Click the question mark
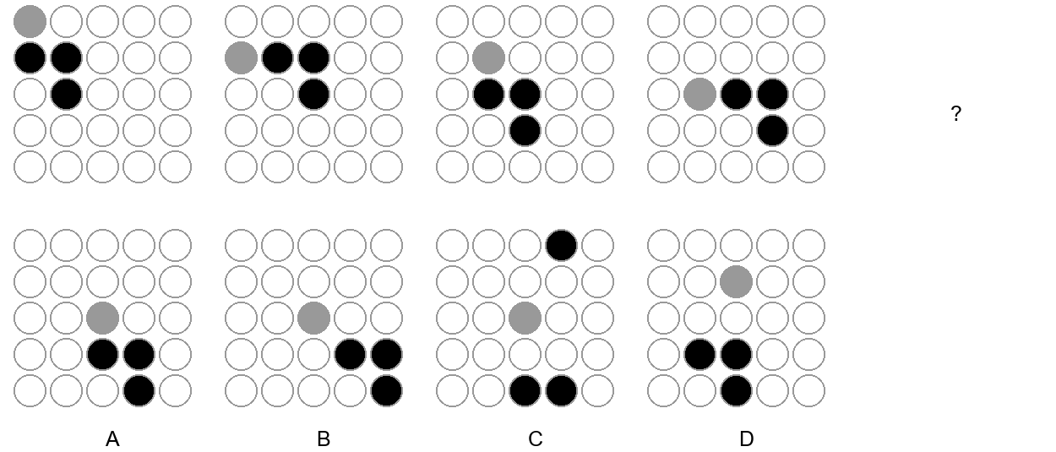[955, 113]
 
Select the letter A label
[112, 438]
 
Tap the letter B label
[324, 438]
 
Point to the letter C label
[535, 438]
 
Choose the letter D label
[746, 438]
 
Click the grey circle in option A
[103, 319]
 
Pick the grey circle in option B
[314, 319]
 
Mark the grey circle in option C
[525, 319]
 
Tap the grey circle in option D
[737, 282]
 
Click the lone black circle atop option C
[562, 246]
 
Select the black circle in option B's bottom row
[387, 390]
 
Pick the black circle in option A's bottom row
[139, 390]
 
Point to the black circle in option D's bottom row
[737, 390]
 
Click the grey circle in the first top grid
[30, 22]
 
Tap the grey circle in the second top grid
[242, 58]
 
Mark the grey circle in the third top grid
[489, 58]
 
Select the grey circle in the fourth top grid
[700, 95]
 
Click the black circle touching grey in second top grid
[278, 58]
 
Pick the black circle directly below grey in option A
[103, 355]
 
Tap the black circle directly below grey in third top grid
[489, 95]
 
